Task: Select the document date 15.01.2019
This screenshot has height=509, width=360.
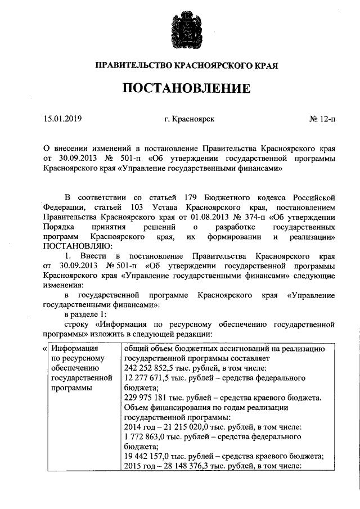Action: coord(63,119)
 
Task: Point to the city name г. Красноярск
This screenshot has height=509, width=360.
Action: coord(189,119)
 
